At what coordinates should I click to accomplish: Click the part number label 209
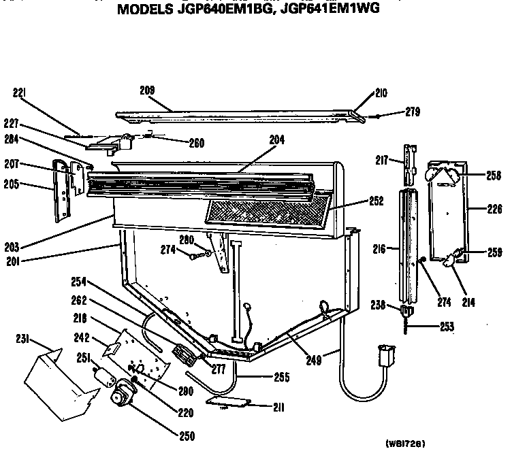146,90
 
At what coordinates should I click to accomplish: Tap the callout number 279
413,112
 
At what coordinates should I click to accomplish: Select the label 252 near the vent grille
375,201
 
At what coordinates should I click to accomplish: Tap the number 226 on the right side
494,210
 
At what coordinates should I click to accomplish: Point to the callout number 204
276,139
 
